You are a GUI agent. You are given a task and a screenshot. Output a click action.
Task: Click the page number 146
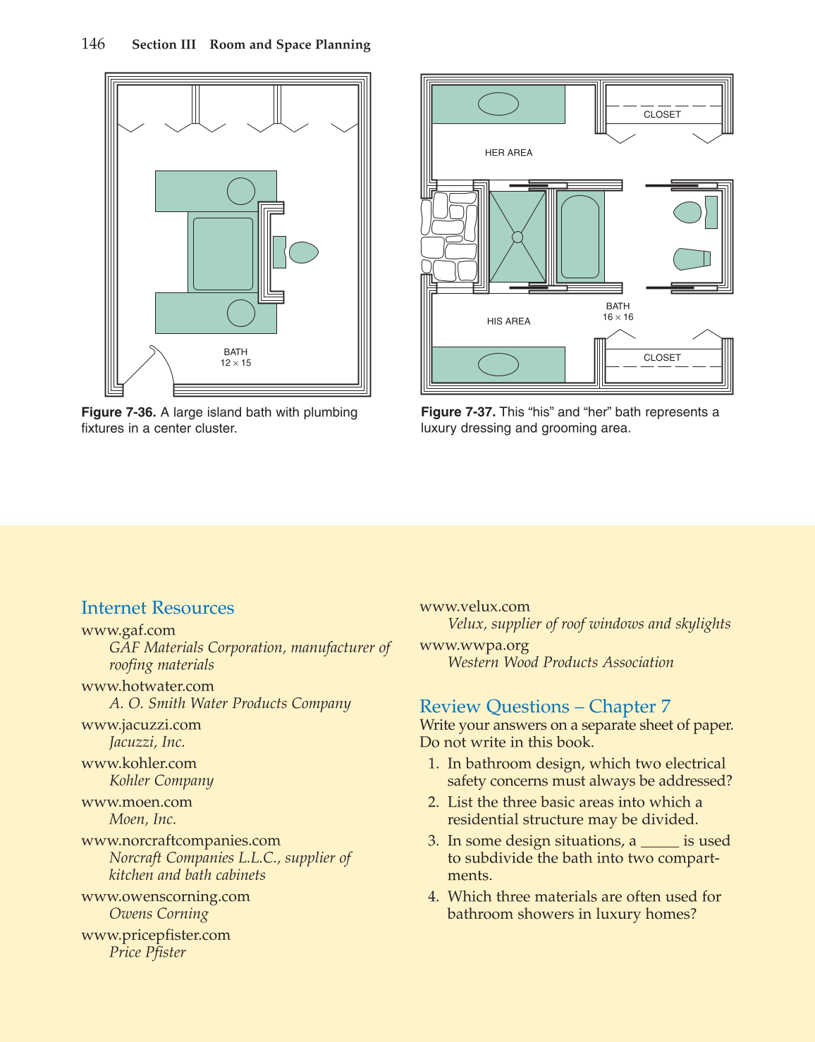93,44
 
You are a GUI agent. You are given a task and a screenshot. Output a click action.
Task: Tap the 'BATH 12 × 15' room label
235,357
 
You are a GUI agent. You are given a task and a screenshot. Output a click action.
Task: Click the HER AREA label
508,153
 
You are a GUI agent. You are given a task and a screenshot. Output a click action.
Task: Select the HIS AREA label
508,321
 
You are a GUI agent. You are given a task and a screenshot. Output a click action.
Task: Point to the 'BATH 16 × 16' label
618,311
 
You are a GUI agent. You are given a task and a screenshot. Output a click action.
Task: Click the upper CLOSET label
662,114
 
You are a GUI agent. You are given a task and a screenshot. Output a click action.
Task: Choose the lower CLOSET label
662,358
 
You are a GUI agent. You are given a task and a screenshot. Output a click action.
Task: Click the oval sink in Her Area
498,104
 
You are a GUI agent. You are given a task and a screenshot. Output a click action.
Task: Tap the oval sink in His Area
498,364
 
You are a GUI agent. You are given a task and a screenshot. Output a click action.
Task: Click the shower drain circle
517,237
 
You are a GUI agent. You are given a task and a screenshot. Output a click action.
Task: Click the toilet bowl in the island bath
304,252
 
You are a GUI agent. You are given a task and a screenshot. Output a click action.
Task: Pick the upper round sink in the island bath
241,191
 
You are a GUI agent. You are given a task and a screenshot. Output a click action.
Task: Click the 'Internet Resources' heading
157,608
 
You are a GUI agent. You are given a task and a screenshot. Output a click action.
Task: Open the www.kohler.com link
139,763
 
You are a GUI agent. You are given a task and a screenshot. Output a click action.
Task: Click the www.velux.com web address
474,607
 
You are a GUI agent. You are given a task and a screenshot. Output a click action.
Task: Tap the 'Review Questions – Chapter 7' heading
545,707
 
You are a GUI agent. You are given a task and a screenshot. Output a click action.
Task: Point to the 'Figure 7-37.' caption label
458,412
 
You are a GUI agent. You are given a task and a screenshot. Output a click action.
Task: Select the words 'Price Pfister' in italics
147,953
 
